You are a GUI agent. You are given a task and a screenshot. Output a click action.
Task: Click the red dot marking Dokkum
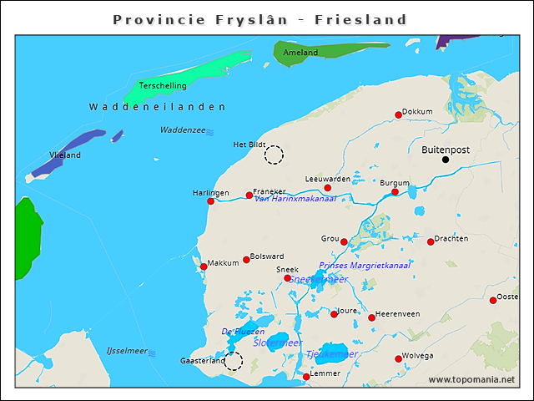click(398, 115)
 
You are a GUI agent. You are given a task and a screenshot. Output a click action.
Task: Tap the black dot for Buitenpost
click(446, 160)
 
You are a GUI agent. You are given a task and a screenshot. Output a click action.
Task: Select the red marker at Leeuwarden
click(327, 188)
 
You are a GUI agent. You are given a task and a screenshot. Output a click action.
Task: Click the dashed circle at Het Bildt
click(274, 154)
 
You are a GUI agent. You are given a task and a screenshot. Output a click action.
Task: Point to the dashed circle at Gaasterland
click(234, 361)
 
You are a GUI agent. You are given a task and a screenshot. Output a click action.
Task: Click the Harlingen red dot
click(210, 201)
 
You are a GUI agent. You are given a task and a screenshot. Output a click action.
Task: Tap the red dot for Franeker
click(249, 195)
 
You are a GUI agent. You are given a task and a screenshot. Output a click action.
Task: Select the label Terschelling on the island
click(163, 85)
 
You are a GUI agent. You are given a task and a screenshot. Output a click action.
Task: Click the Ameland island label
click(300, 53)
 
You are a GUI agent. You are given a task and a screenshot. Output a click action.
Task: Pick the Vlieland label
click(65, 155)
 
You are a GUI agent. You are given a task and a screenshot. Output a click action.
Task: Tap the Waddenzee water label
click(183, 130)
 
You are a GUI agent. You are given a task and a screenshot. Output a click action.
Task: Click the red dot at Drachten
click(431, 242)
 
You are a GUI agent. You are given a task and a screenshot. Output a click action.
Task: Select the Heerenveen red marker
click(371, 317)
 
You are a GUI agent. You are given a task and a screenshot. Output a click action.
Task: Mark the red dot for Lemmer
click(306, 377)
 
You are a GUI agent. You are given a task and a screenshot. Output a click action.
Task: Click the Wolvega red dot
click(398, 359)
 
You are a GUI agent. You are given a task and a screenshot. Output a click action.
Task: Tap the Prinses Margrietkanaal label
click(365, 266)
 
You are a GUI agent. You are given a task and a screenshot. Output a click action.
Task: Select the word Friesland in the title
click(360, 19)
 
